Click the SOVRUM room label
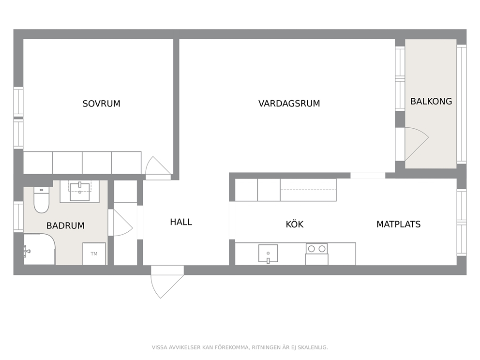coord(101,104)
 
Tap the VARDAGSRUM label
coord(289,104)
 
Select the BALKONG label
coord(431,101)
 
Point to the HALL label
coord(181,222)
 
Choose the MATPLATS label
coord(398,224)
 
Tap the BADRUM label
coord(65,225)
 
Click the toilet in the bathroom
coord(41,200)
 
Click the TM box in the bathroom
coord(94,254)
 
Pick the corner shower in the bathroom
coord(39,249)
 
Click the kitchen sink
coord(268,254)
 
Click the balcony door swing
coord(417,144)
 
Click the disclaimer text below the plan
coord(240,347)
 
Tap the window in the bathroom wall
coord(18,217)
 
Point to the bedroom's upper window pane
coord(18,102)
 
